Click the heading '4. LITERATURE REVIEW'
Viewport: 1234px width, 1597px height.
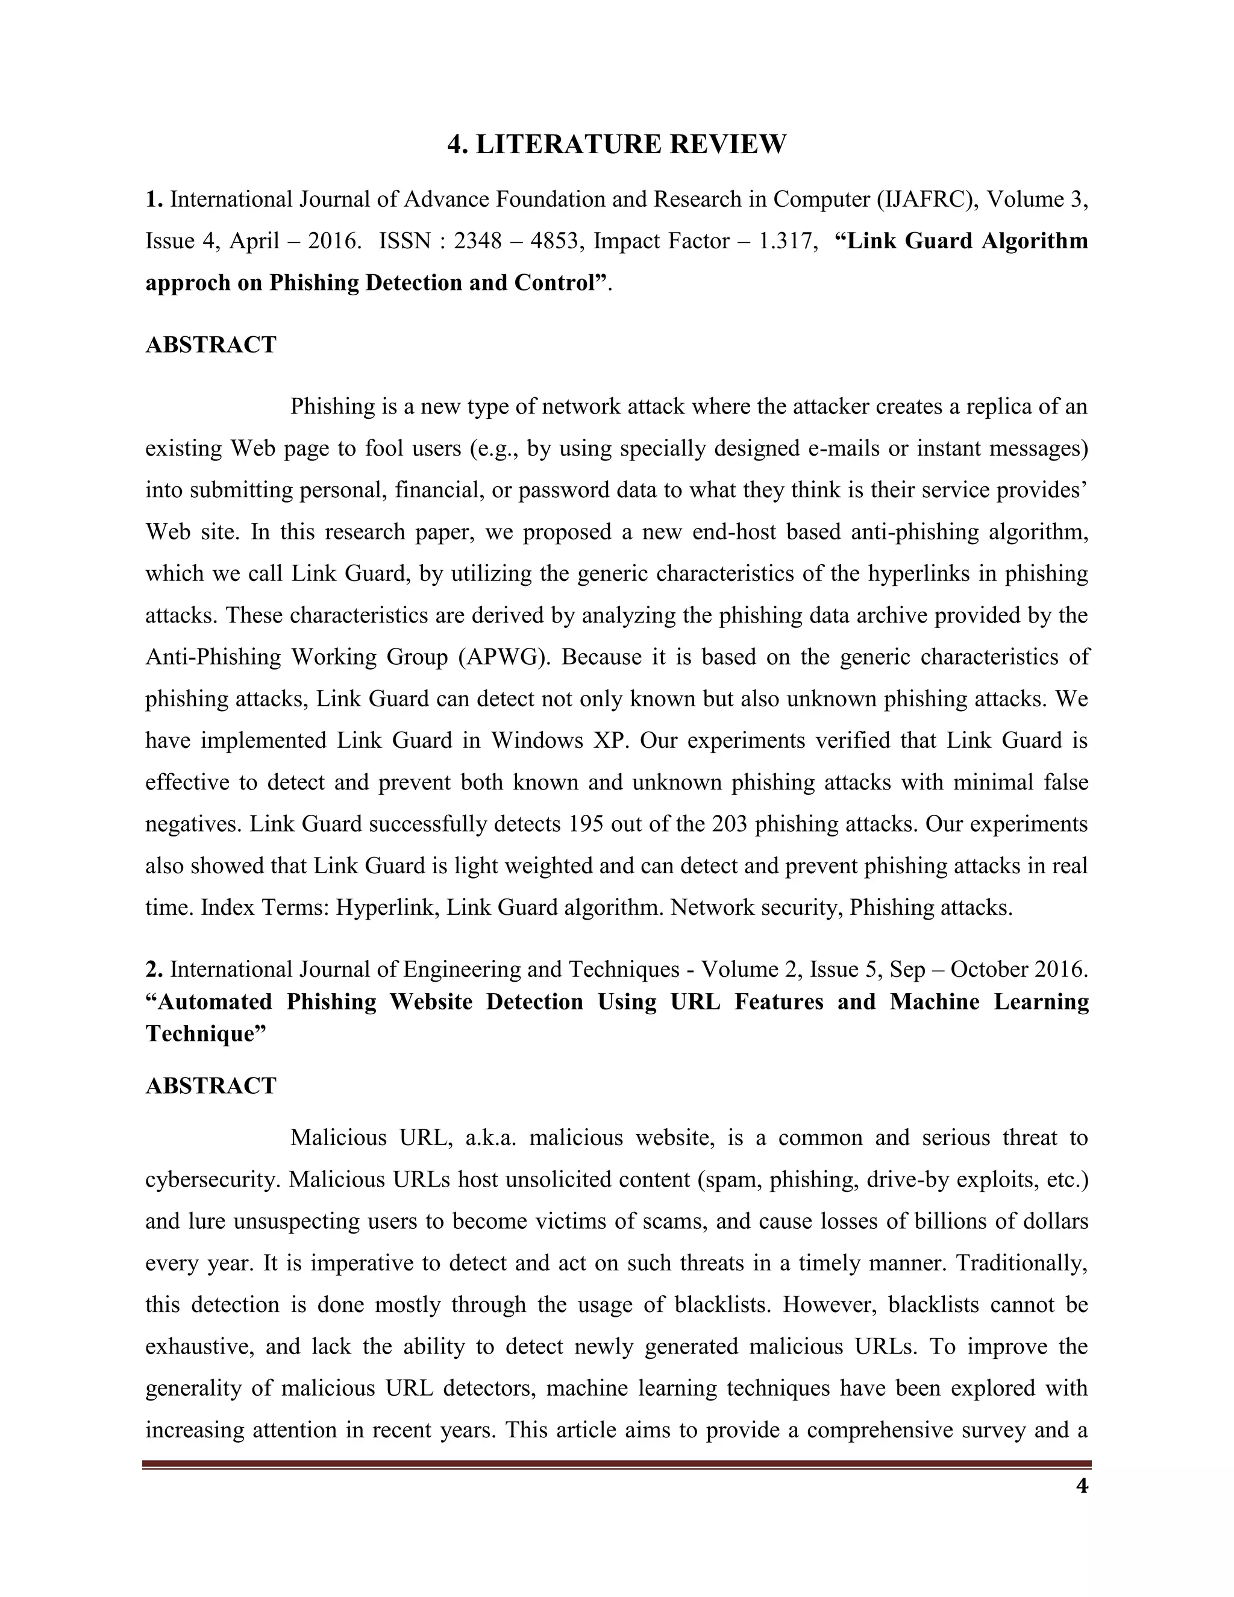click(616, 144)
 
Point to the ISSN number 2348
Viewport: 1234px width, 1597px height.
click(477, 240)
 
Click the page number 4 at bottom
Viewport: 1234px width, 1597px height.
click(1082, 1486)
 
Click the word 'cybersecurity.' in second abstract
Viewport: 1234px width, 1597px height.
click(213, 1180)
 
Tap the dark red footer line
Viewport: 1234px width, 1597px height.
click(616, 1464)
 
